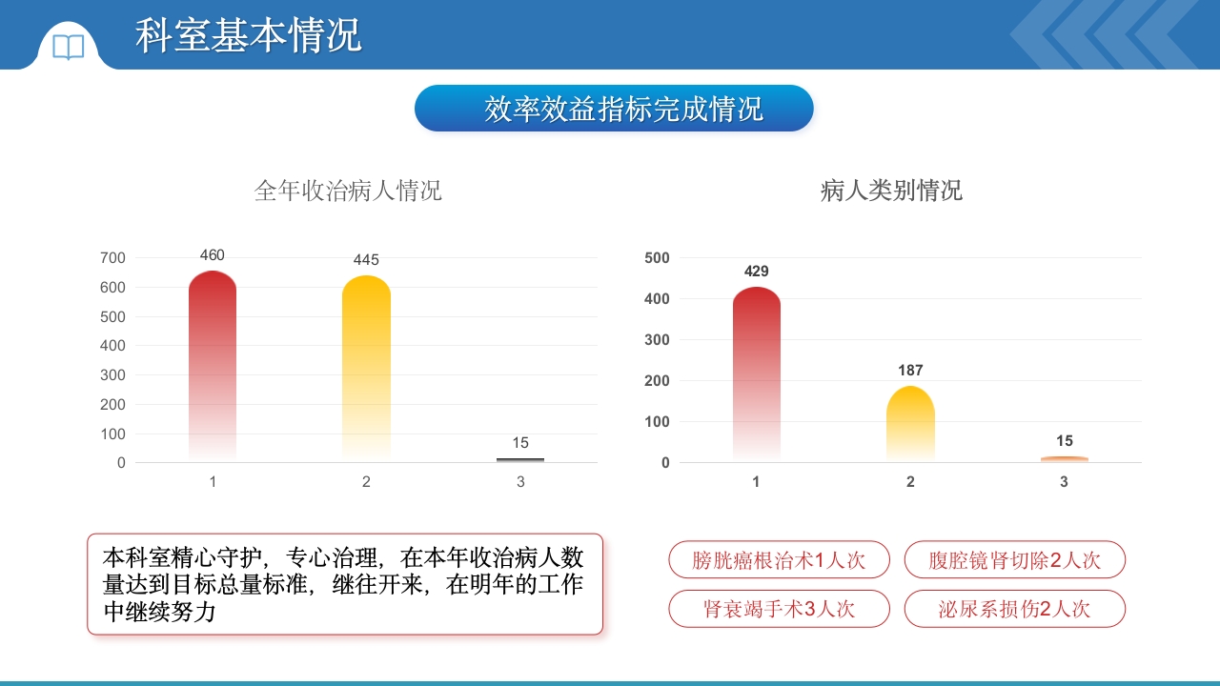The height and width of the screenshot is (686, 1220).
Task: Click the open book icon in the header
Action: (68, 47)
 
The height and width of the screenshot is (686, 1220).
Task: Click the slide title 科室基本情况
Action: (249, 35)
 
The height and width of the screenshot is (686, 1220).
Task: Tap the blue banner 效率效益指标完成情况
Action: (614, 109)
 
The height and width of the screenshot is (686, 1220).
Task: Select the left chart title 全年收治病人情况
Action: (348, 191)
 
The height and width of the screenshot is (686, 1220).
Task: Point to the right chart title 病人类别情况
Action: (891, 191)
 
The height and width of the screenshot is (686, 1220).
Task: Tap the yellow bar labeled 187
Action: (910, 424)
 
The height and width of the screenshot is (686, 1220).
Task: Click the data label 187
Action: (910, 371)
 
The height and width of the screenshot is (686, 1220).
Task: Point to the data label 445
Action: (366, 260)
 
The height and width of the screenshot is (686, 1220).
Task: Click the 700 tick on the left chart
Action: (112, 258)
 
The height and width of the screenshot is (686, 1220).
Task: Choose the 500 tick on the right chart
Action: (658, 258)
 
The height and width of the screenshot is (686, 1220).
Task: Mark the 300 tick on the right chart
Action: (658, 340)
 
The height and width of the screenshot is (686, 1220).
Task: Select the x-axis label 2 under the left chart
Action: (366, 482)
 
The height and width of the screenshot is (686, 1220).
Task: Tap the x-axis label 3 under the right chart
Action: (1064, 482)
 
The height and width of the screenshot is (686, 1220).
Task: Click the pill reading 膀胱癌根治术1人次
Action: (779, 560)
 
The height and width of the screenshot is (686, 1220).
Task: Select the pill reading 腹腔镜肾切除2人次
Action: (1014, 560)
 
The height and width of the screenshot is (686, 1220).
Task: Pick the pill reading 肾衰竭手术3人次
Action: (779, 609)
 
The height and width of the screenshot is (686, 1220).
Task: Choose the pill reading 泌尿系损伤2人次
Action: (1014, 609)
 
